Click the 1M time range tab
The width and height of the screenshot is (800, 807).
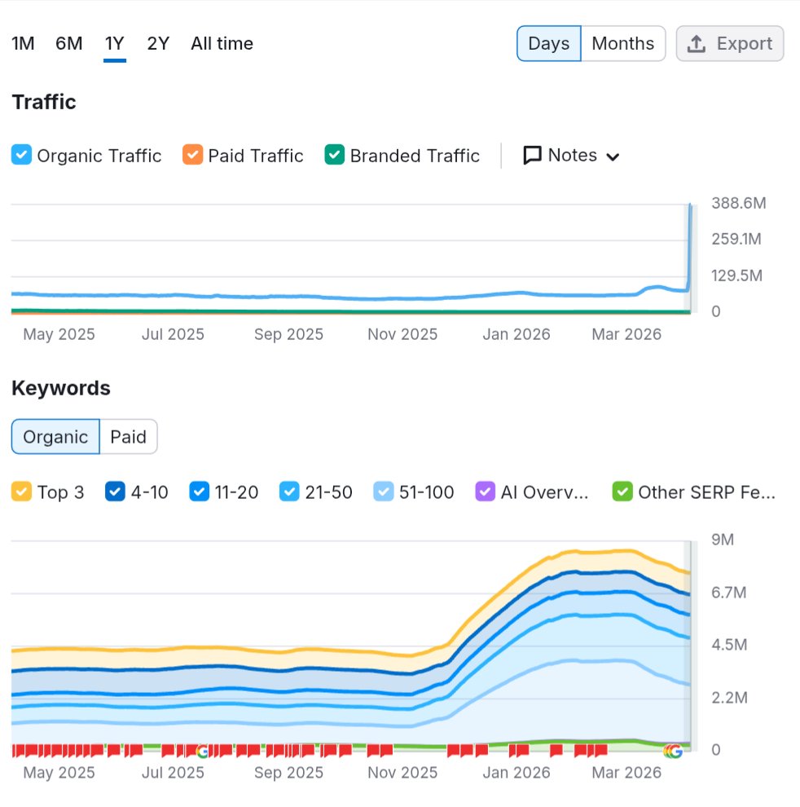coord(23,43)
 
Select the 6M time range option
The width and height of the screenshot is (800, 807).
coord(69,43)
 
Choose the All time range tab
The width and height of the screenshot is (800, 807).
coord(222,43)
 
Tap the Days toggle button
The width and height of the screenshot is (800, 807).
coord(548,43)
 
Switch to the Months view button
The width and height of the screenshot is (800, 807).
coord(622,43)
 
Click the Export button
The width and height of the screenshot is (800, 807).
coord(729,43)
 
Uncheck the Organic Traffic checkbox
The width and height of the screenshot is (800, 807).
coord(22,155)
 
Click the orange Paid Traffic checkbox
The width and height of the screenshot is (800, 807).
coord(193,155)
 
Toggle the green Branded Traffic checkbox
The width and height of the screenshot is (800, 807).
coord(335,155)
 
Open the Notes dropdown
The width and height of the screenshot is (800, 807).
coord(572,155)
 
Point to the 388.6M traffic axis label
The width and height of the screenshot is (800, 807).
coord(738,203)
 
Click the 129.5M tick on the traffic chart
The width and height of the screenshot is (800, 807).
coord(736,276)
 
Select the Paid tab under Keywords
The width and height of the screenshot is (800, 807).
coord(128,437)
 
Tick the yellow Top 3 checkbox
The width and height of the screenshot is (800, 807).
coord(22,492)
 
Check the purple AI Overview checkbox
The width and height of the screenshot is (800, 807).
coord(486,492)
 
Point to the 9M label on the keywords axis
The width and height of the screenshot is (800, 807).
coord(723,540)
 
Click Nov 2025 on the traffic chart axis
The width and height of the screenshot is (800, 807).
coord(402,334)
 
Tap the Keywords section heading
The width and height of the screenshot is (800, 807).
coord(61,388)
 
